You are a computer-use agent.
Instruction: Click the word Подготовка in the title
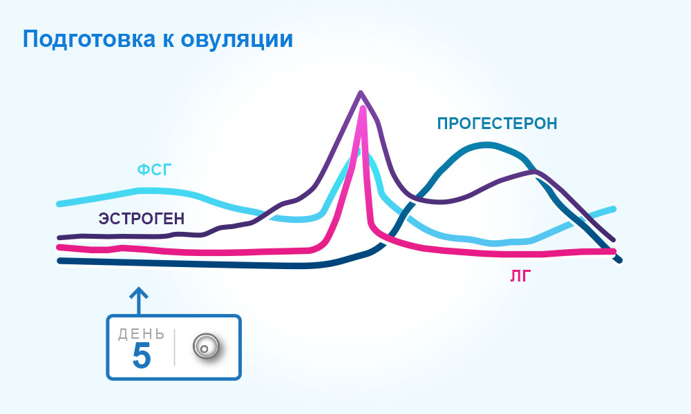(x=89, y=39)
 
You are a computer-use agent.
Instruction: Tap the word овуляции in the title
(x=236, y=39)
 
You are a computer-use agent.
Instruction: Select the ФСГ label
(x=155, y=169)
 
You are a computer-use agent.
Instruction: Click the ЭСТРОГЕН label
(x=142, y=219)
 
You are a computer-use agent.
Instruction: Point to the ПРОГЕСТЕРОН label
(x=497, y=124)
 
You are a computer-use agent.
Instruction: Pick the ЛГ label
(x=521, y=276)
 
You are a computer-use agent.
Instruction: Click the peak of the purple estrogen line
(x=361, y=92)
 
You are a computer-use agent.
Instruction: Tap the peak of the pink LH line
(x=363, y=108)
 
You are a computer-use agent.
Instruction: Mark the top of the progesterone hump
(x=486, y=144)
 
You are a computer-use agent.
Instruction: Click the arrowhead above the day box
(x=139, y=292)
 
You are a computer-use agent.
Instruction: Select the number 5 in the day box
(x=142, y=355)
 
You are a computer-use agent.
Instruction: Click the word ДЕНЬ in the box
(x=142, y=335)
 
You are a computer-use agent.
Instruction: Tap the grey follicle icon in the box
(x=206, y=346)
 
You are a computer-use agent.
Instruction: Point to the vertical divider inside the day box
(x=175, y=347)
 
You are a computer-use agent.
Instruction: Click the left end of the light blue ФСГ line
(x=59, y=204)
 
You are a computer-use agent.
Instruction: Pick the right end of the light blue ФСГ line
(x=613, y=209)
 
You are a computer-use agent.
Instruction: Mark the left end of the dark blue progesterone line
(x=59, y=261)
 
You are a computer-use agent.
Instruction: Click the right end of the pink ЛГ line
(x=614, y=252)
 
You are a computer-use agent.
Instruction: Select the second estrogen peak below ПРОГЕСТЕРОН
(x=535, y=172)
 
